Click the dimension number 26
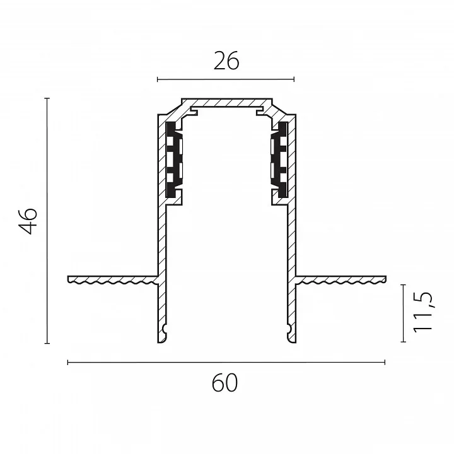(x=226, y=61)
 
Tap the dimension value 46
(x=28, y=221)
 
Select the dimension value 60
(x=225, y=383)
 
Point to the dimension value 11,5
(x=422, y=312)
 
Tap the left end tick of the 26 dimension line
(x=157, y=79)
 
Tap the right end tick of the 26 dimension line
(x=294, y=79)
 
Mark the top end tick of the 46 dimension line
(x=47, y=98)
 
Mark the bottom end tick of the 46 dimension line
(x=47, y=344)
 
